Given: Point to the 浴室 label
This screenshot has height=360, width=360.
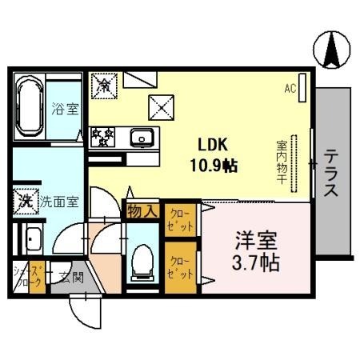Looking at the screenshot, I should tap(66, 109).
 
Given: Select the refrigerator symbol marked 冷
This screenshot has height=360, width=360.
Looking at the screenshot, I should tap(103, 82).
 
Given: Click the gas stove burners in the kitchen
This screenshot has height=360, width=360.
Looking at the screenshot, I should tap(103, 136).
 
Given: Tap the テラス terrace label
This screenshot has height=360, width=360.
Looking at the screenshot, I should tap(331, 174).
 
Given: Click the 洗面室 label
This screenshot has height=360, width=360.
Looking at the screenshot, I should tap(59, 202).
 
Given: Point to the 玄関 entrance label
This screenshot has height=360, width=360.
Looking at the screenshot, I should tap(72, 278).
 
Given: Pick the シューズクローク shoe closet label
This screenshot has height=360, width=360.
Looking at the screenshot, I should tap(25, 279).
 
